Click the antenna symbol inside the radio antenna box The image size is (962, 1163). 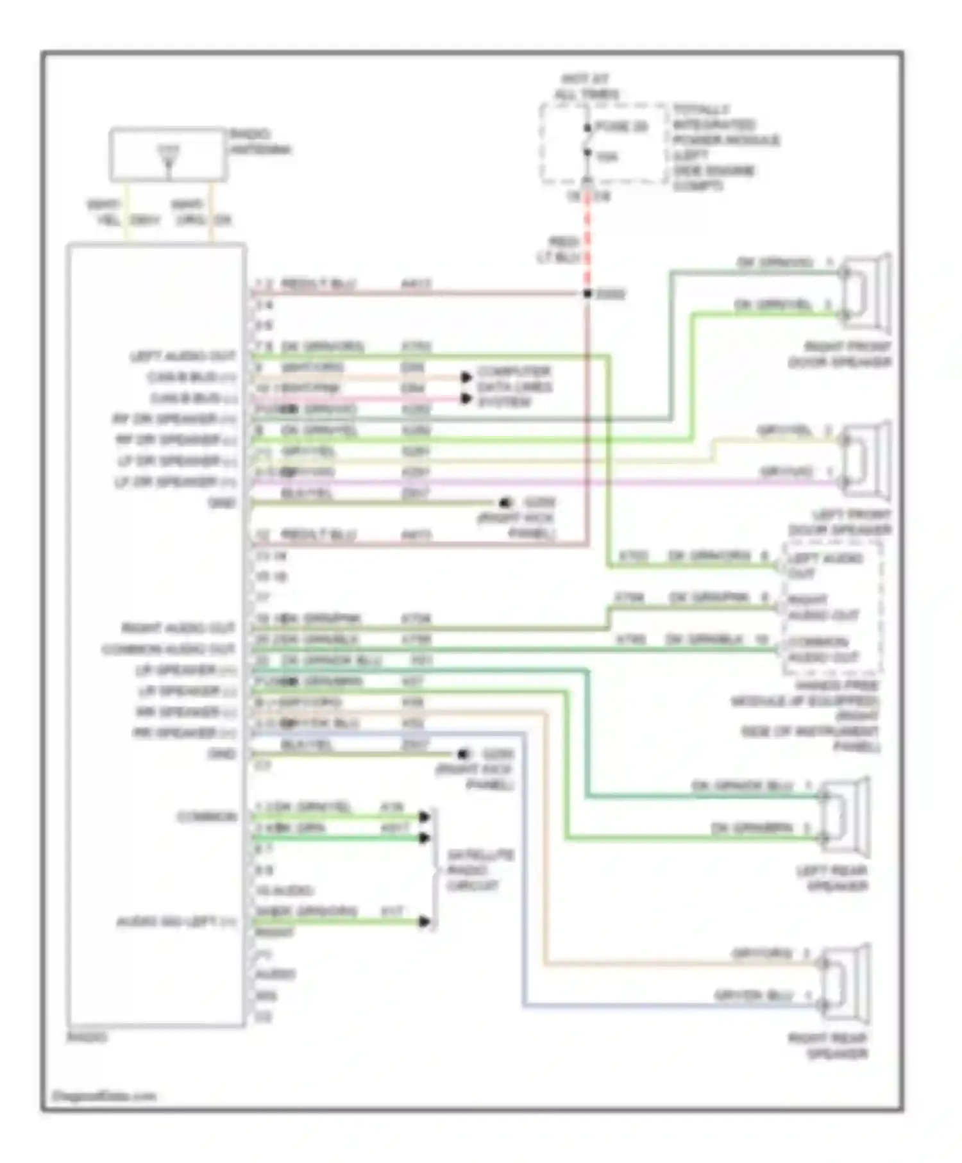[x=169, y=158]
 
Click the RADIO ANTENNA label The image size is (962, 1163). [x=259, y=142]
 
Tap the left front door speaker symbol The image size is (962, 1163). [x=865, y=460]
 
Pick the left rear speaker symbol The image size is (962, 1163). [x=845, y=817]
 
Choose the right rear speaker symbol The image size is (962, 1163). [x=845, y=984]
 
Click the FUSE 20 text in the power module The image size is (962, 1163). [x=621, y=127]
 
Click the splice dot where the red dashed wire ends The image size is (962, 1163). [x=587, y=294]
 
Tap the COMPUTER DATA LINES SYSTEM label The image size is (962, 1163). [x=514, y=387]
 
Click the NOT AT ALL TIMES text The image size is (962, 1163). [x=586, y=87]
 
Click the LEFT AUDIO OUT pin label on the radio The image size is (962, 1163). [x=183, y=356]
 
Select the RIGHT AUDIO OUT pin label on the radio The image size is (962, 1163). [x=178, y=628]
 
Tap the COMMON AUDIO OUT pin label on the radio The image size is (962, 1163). [x=169, y=649]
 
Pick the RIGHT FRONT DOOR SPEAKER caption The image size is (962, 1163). [x=840, y=354]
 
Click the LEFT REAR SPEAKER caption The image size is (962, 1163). [x=832, y=878]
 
